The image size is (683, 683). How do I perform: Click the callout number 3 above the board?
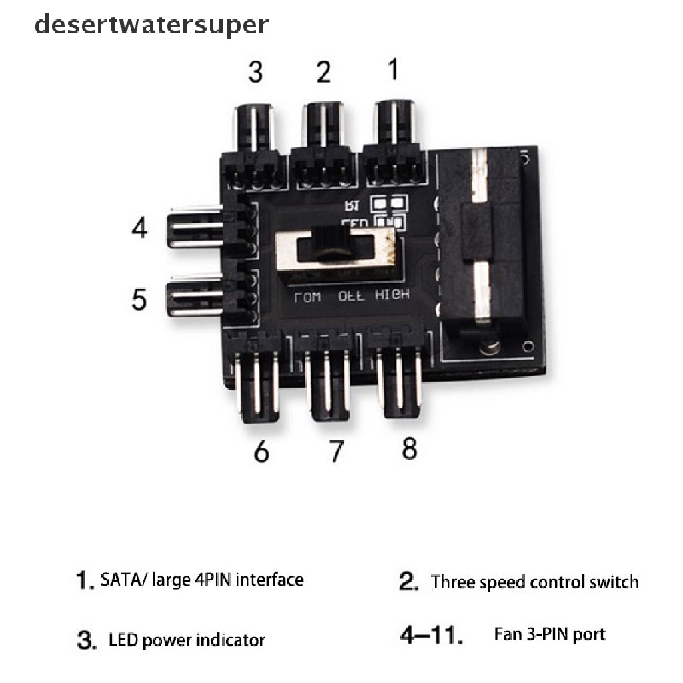tap(255, 72)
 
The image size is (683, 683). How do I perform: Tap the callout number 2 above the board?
tap(323, 72)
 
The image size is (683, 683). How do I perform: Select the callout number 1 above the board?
tap(394, 69)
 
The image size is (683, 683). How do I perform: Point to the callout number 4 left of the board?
tap(139, 227)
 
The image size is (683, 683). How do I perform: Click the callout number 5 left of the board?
tap(139, 299)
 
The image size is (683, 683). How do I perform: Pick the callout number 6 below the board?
tap(261, 452)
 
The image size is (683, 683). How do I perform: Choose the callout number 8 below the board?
tap(409, 448)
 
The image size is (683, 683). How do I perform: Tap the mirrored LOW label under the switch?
tap(307, 297)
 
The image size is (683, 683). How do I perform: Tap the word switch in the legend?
tap(612, 582)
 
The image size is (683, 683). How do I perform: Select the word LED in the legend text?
tap(122, 640)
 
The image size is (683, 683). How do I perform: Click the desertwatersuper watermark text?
tap(151, 25)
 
